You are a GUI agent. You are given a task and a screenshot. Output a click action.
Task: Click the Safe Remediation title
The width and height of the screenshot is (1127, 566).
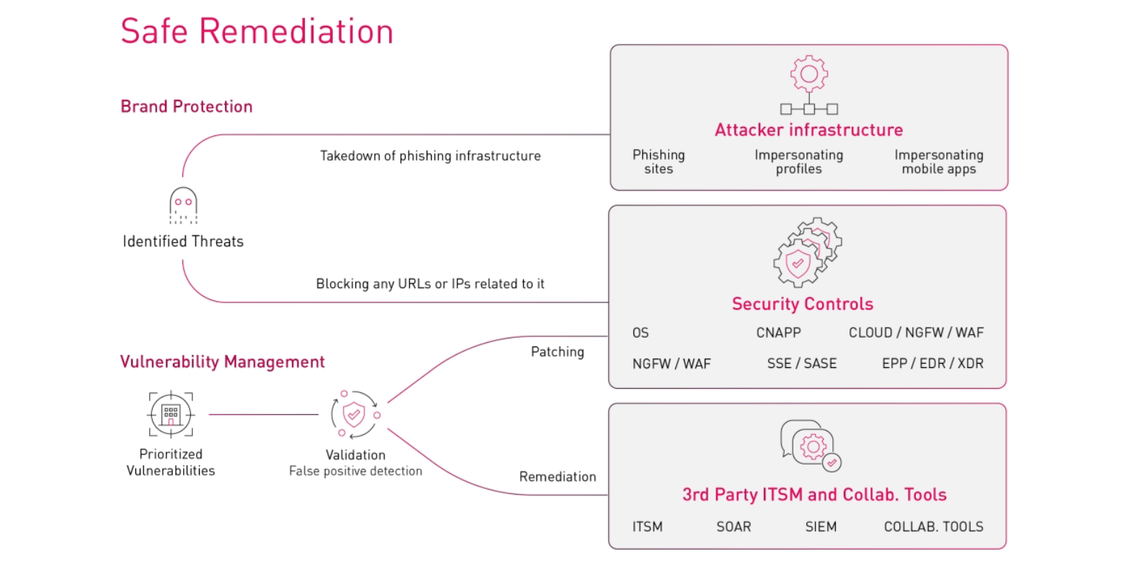point(257,32)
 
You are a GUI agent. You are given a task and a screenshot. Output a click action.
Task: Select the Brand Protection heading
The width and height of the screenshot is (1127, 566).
point(187,107)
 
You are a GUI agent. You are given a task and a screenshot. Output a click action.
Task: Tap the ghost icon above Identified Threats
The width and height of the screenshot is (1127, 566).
point(183,205)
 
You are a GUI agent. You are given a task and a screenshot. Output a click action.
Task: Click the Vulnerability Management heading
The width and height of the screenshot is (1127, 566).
point(222,361)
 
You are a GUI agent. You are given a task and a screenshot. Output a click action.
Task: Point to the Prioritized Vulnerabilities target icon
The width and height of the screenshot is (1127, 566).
point(171,414)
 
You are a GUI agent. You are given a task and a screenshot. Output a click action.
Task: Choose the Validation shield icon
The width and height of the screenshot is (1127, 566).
point(354,415)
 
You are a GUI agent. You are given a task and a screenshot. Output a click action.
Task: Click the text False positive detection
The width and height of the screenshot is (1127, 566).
point(355,471)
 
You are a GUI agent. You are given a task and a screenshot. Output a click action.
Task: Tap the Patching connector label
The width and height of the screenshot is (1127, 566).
point(557,351)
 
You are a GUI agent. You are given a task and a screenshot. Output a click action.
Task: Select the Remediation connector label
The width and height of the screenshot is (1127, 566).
point(558,477)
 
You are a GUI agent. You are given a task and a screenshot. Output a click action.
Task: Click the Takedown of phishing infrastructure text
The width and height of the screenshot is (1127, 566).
point(430,156)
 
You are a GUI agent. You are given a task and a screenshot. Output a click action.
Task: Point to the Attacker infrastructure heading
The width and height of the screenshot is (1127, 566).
point(808,130)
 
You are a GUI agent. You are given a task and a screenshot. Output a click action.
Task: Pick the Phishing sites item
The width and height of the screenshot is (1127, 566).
point(659,161)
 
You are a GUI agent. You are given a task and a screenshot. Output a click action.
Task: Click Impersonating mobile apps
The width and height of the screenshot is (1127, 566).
point(938,161)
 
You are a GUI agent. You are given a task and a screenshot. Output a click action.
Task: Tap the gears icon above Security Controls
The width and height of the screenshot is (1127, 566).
point(806,252)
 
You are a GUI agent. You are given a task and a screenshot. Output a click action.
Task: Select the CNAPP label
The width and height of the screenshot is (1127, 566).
point(778,333)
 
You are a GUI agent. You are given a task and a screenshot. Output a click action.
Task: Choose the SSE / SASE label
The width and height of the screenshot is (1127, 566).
point(801,364)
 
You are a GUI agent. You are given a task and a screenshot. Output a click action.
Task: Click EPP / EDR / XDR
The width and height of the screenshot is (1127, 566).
point(932,364)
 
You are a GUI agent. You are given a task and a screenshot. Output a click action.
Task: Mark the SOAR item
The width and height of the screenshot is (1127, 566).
point(734,526)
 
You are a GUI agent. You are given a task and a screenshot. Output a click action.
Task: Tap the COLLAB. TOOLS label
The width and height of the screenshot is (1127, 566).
point(933,526)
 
